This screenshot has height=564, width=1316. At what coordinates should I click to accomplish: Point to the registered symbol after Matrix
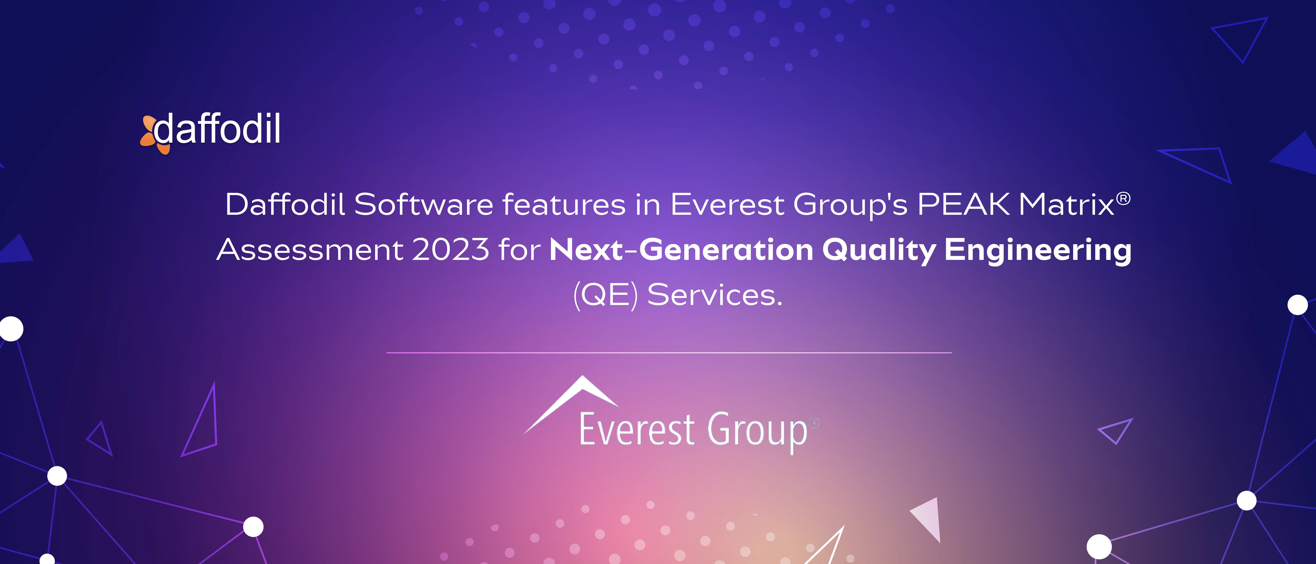pos(1123,198)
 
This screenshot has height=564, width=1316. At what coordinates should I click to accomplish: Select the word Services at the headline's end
pos(714,295)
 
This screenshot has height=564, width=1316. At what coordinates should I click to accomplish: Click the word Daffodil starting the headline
pos(285,205)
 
